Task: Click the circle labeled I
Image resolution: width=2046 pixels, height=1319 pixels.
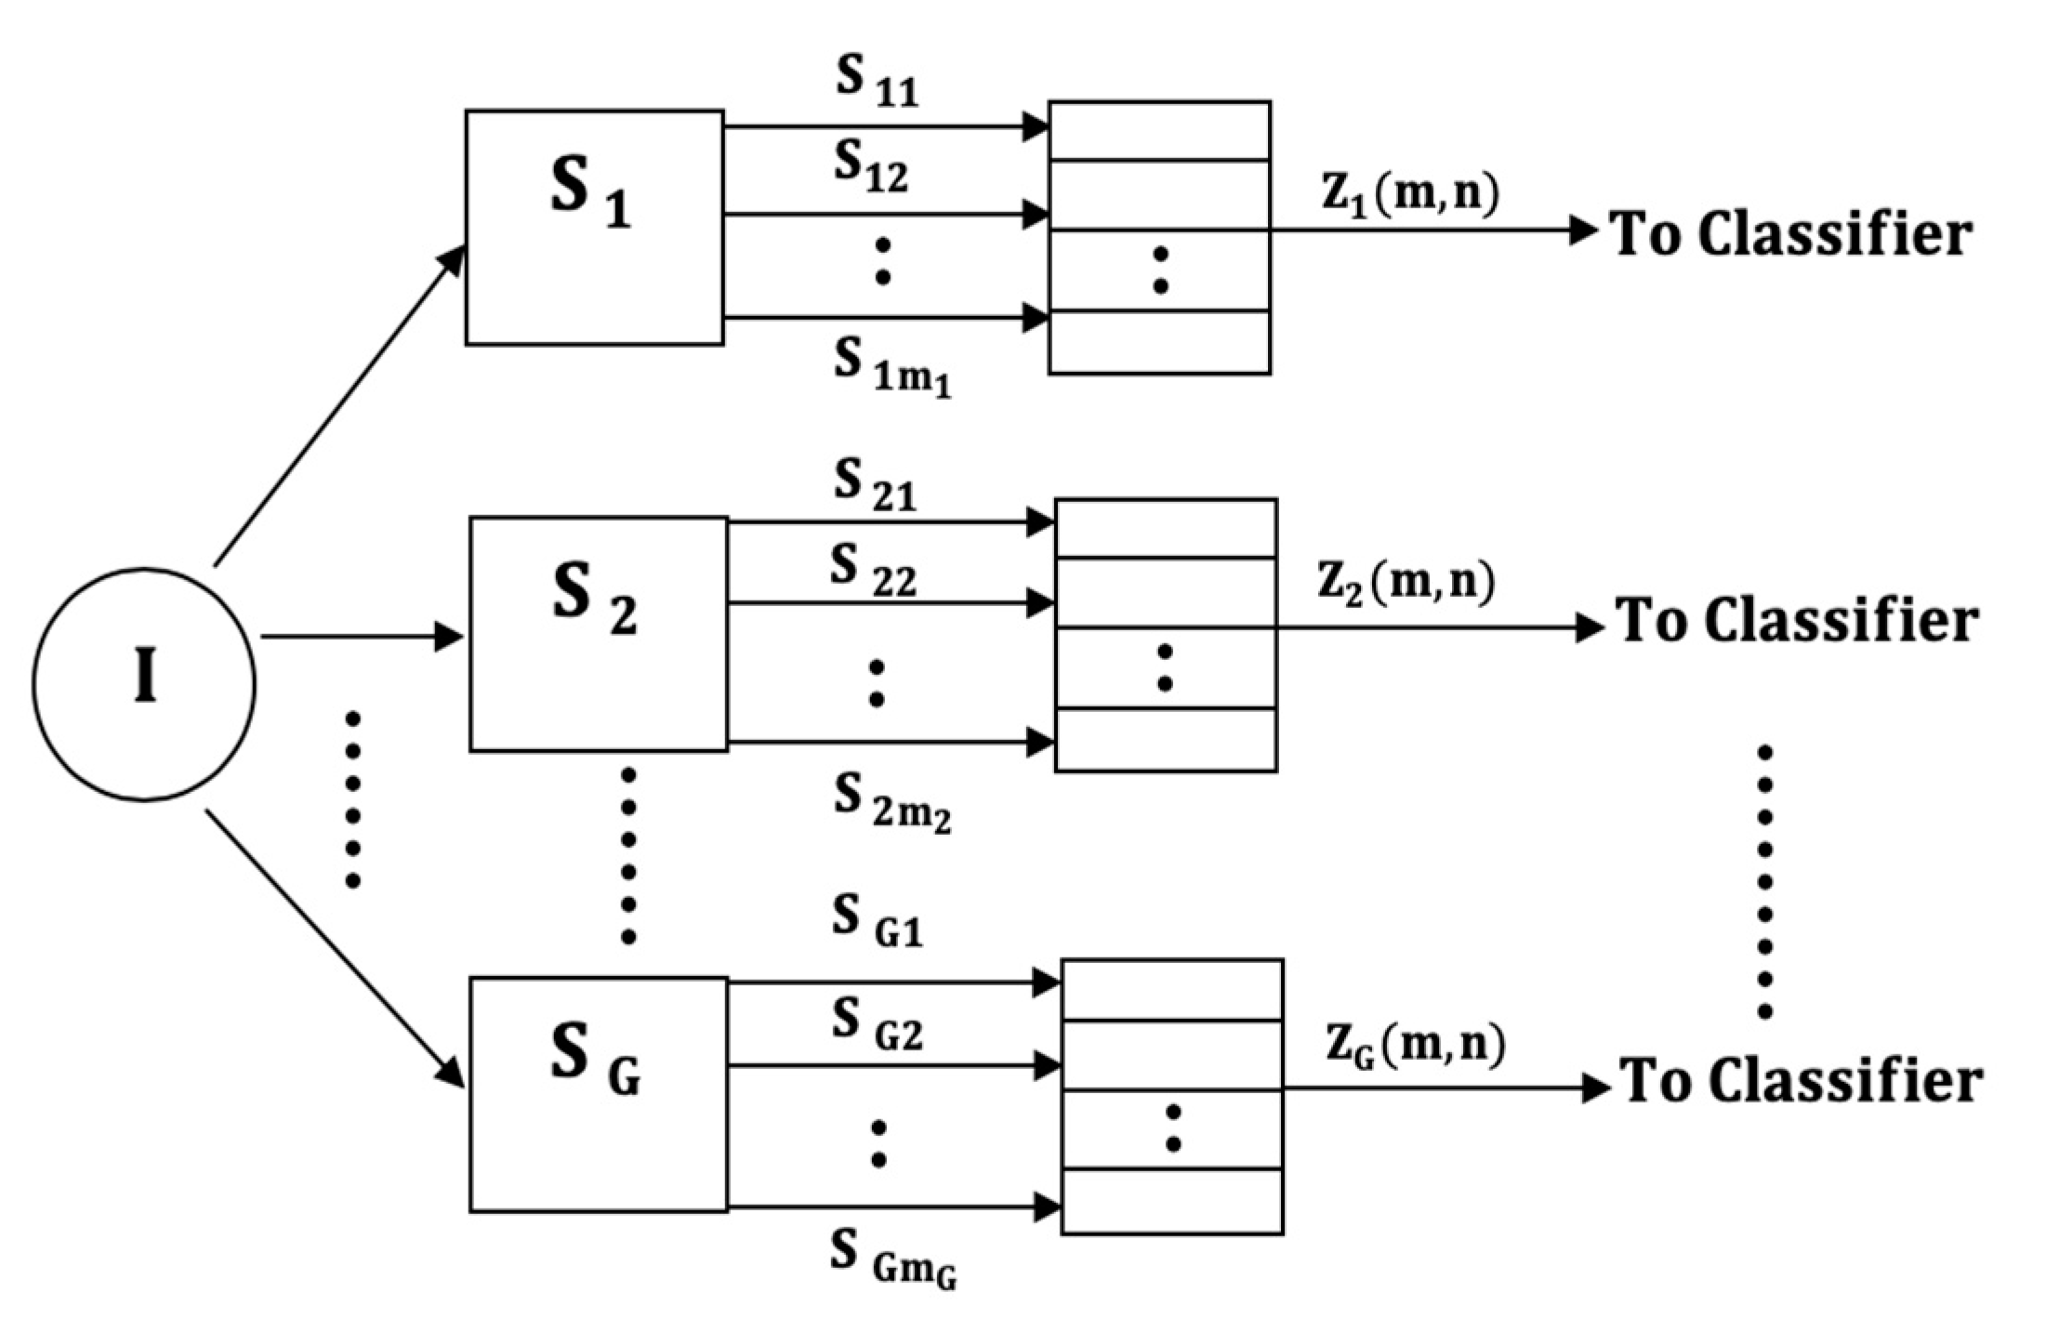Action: click(144, 683)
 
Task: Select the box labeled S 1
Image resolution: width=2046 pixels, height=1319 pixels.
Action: click(594, 228)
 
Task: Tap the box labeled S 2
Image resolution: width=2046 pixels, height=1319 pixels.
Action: click(598, 633)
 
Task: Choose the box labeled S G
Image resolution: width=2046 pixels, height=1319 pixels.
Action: click(598, 1093)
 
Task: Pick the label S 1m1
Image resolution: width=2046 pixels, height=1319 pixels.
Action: click(891, 368)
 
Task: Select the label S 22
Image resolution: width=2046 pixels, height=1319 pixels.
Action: click(873, 571)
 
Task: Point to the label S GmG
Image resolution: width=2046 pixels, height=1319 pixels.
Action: click(892, 1258)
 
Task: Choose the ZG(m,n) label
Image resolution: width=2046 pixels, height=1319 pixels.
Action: click(1415, 1047)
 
